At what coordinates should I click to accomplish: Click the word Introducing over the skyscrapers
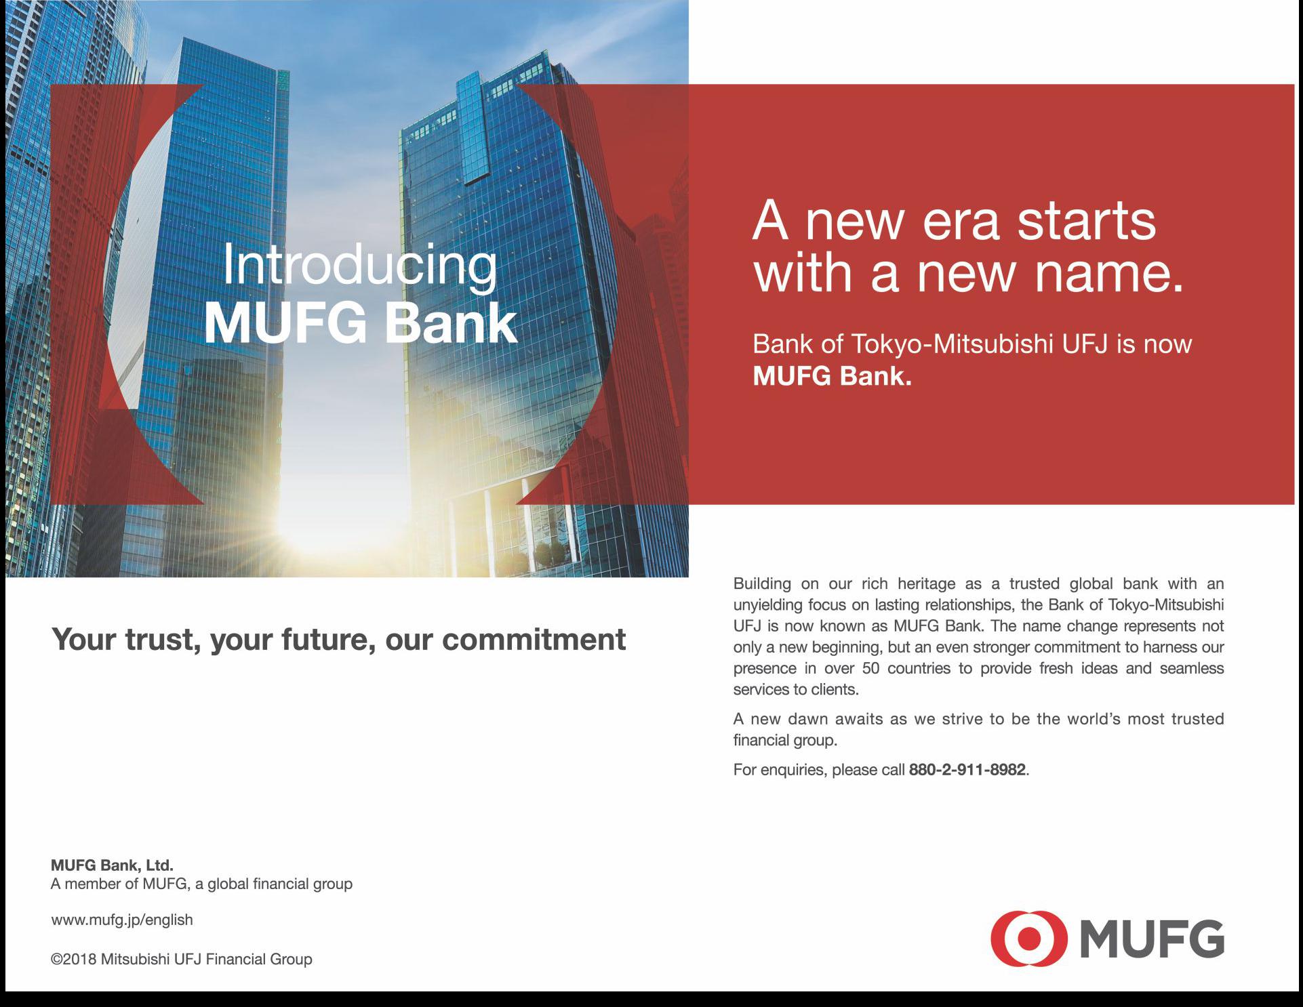[x=359, y=266]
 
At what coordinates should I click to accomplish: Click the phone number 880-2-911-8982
[x=967, y=770]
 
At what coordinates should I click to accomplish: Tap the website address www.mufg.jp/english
[x=122, y=920]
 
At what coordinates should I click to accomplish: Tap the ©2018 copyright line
[x=182, y=960]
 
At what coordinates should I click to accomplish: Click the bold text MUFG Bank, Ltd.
[x=113, y=865]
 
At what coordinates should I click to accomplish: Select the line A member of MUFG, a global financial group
[x=202, y=884]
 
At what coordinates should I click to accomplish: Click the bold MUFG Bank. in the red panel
[x=833, y=377]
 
